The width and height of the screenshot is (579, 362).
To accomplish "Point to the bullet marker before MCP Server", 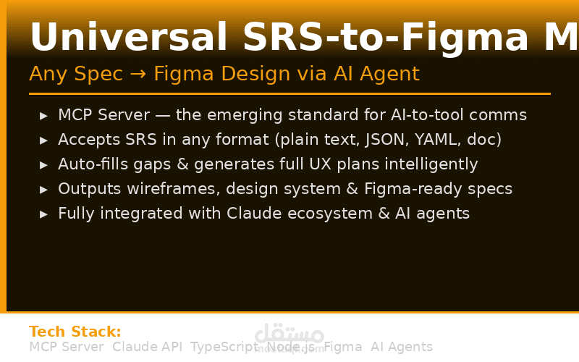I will click(x=44, y=116).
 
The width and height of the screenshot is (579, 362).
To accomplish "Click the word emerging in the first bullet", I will click(x=318, y=115).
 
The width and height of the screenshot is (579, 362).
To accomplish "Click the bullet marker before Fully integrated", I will click(x=44, y=214).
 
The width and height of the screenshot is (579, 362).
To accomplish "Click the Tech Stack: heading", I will click(x=75, y=332).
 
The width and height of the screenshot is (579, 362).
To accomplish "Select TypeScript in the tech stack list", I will click(x=224, y=347).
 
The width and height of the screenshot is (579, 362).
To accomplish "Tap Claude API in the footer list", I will click(x=147, y=347).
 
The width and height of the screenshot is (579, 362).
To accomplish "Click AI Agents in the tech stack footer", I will click(x=402, y=347).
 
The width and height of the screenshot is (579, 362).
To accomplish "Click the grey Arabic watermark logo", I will click(x=289, y=335).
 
